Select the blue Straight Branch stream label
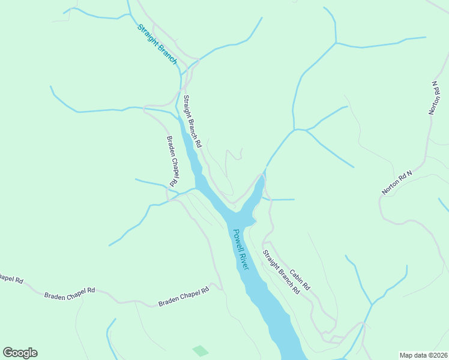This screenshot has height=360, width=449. tap(157, 44)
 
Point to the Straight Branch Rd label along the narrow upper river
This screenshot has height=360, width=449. tap(192, 122)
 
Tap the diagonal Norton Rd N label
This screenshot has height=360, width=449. tap(397, 183)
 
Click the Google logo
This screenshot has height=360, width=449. tap(20, 353)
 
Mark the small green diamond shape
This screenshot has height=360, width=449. tap(200, 350)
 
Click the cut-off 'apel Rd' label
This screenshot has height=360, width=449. tap(10, 279)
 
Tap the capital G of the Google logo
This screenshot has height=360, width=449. tap(8, 352)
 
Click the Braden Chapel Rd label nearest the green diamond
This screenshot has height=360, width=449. tap(183, 296)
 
